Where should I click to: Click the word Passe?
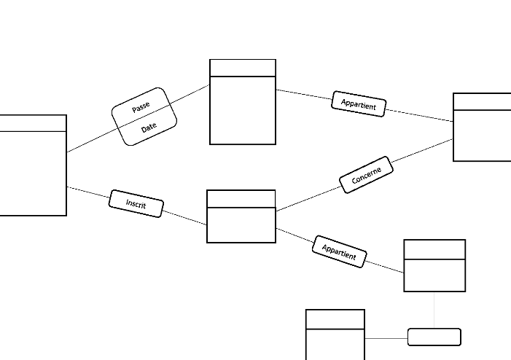[141, 108]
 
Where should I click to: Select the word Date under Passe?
[149, 126]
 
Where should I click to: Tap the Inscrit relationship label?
[136, 204]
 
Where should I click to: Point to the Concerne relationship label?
[367, 175]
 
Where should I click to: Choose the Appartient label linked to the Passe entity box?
[359, 104]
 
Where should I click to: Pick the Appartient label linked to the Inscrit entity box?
[339, 251]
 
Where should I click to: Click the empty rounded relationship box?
[434, 337]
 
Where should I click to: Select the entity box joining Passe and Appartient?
[243, 109]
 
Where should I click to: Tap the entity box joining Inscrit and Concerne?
[241, 224]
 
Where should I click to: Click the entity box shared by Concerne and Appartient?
[482, 135]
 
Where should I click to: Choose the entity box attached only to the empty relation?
[335, 344]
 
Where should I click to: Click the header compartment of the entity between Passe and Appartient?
[243, 68]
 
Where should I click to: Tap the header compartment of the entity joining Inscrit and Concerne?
[241, 199]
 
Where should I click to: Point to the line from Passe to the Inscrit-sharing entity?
[91, 141]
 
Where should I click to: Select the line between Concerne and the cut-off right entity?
[423, 151]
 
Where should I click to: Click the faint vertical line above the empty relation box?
[434, 310]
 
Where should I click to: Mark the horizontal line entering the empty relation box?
[386, 338]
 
